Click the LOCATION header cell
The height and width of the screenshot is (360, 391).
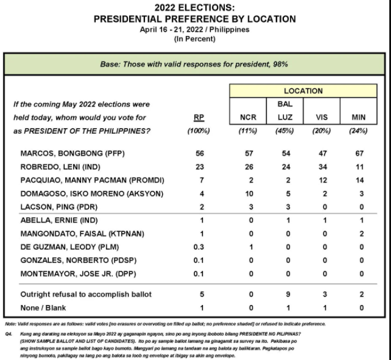[x=303, y=91]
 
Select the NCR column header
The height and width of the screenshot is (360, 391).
[x=248, y=118]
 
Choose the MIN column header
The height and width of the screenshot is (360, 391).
[x=358, y=118]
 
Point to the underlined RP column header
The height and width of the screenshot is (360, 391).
[x=198, y=118]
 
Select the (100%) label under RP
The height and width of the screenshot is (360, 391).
[x=198, y=131]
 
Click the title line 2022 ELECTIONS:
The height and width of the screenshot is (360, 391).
[x=195, y=8]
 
